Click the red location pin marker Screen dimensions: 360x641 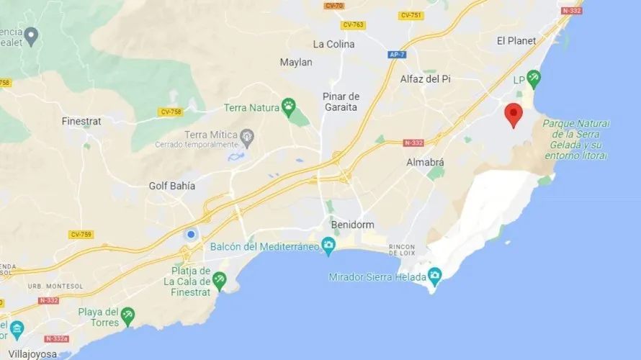pos(513,114)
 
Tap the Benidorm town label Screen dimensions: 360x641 pos(353,225)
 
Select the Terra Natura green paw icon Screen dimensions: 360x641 pos(289,107)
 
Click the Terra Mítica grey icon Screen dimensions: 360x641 pos(247,135)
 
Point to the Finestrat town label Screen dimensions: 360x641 pos(81,121)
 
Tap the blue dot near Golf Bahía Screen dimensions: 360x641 pos(191,234)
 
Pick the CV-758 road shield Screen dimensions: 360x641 pos(171,112)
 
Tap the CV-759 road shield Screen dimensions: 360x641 pos(81,234)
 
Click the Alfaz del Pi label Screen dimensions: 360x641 pos(430,79)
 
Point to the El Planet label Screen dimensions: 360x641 pos(516,41)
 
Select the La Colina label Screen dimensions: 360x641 pos(333,44)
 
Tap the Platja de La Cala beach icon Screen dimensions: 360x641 pos(219,279)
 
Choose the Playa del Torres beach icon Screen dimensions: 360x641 pos(127,314)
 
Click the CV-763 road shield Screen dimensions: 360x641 pos(353,25)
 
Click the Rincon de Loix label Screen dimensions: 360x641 pos(402,250)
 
